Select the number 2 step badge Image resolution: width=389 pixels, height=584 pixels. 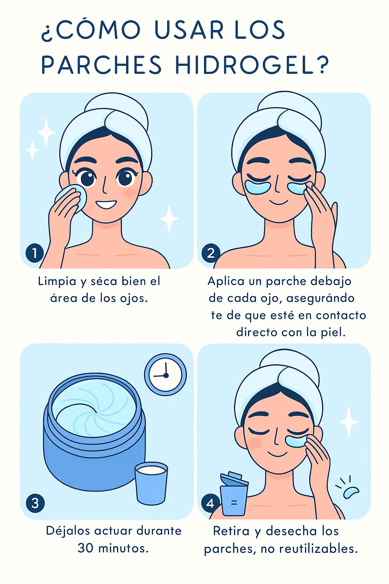pyautogui.click(x=211, y=252)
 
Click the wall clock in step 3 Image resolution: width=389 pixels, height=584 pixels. pyautogui.click(x=166, y=375)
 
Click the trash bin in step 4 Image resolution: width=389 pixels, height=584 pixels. pyautogui.click(x=234, y=494)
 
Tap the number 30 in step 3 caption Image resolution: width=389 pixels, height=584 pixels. pyautogui.click(x=85, y=549)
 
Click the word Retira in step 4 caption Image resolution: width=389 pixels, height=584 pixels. pyautogui.click(x=231, y=531)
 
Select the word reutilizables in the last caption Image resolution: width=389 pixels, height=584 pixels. pyautogui.click(x=318, y=549)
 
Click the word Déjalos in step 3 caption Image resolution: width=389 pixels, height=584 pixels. pyautogui.click(x=68, y=531)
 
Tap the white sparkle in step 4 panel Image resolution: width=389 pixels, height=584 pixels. pyautogui.click(x=349, y=422)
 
